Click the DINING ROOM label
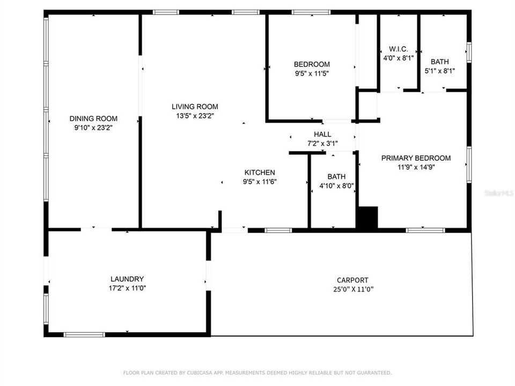pyautogui.click(x=93, y=118)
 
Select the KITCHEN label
pyautogui.click(x=260, y=173)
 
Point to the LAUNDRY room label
pyautogui.click(x=127, y=279)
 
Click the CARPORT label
pyautogui.click(x=352, y=280)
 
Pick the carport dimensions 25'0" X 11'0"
pyautogui.click(x=352, y=289)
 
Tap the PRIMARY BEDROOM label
pyautogui.click(x=416, y=158)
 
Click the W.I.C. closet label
pyautogui.click(x=399, y=49)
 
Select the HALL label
pyautogui.click(x=322, y=134)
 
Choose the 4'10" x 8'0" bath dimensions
pyautogui.click(x=336, y=186)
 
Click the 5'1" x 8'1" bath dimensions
pyautogui.click(x=440, y=71)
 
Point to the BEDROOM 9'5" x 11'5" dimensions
pyautogui.click(x=312, y=73)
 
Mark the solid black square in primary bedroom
pyautogui.click(x=367, y=218)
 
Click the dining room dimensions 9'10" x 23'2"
pyautogui.click(x=93, y=128)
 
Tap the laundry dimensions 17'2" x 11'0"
pyautogui.click(x=127, y=288)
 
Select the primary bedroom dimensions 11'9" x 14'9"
pyautogui.click(x=416, y=167)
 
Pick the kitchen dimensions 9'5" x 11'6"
pyautogui.click(x=260, y=182)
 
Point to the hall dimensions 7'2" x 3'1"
pyautogui.click(x=322, y=143)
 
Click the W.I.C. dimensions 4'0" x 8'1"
pyautogui.click(x=399, y=58)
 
